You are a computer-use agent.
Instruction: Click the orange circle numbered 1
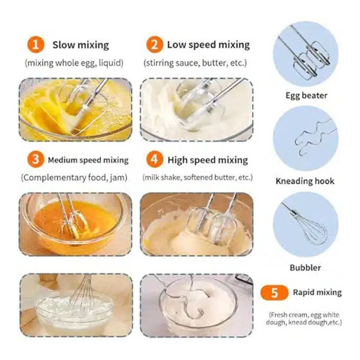35,44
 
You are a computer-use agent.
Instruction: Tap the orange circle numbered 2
155,44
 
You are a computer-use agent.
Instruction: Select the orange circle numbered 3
35,160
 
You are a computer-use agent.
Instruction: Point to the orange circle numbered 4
155,160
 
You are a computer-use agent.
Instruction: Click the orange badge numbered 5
274,293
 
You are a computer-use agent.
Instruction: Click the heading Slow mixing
80,45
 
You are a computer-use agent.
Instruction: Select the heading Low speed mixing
208,45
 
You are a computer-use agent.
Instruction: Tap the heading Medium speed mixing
88,160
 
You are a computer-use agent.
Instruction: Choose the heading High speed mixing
208,160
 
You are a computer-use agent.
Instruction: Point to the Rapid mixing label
317,293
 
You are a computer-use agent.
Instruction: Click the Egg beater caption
306,95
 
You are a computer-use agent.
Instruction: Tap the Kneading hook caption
305,181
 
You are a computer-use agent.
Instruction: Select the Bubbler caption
305,268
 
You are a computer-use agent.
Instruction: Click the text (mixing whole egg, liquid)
74,63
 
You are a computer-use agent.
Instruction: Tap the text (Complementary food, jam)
74,178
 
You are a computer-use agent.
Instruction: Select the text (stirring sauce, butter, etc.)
195,63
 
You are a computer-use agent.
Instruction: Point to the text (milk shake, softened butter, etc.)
197,178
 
